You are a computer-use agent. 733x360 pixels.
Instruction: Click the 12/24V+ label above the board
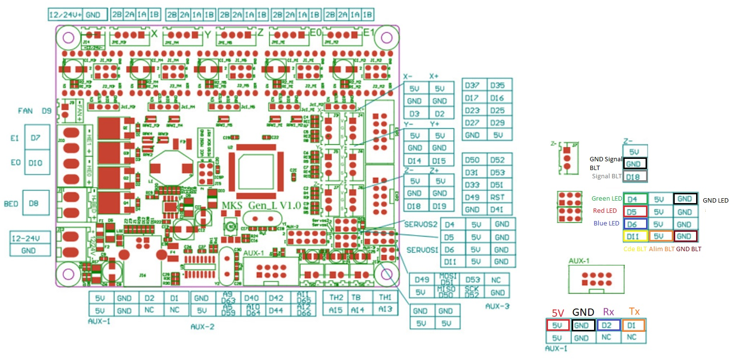tap(66, 15)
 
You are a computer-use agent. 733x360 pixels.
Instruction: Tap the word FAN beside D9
tap(25, 111)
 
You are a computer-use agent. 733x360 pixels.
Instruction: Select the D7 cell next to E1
tap(36, 138)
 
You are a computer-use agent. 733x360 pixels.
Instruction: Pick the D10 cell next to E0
tap(36, 163)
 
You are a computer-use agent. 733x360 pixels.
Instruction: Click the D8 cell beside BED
tap(34, 204)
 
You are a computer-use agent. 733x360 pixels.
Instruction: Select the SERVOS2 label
tap(421, 225)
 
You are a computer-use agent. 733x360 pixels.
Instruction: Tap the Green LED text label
tap(607, 199)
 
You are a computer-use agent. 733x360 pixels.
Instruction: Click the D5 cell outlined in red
tap(635, 211)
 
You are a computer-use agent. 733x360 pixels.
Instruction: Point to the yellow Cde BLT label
tap(634, 249)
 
